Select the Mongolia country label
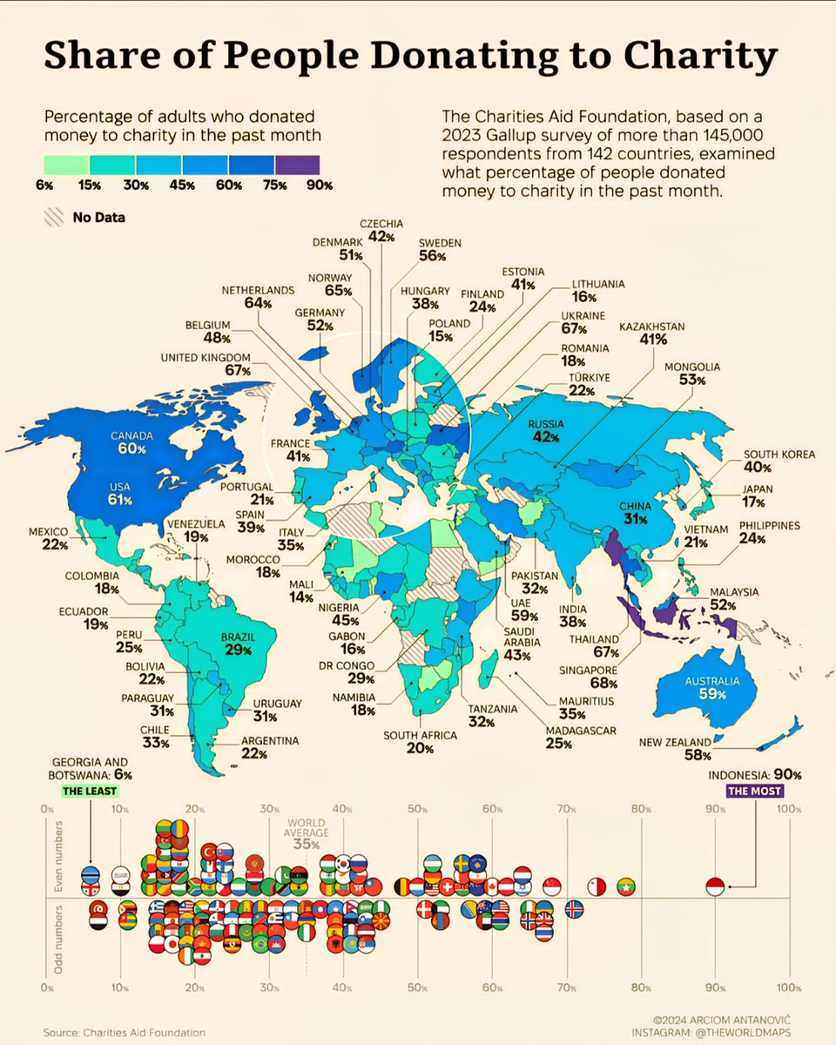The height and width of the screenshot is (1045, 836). [x=692, y=367]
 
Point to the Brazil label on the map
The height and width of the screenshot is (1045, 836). [x=237, y=637]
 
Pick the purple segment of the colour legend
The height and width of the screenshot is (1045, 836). [x=297, y=164]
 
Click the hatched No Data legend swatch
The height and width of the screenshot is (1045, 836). [x=53, y=216]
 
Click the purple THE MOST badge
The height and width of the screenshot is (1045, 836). [x=756, y=792]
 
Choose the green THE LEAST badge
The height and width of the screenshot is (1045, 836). [x=90, y=792]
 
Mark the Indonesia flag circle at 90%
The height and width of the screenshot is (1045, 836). [x=715, y=887]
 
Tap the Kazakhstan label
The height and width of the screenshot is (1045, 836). [x=652, y=326]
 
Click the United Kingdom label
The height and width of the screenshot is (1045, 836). [x=206, y=357]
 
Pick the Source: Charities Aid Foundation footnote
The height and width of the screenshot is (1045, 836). [x=125, y=1031]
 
